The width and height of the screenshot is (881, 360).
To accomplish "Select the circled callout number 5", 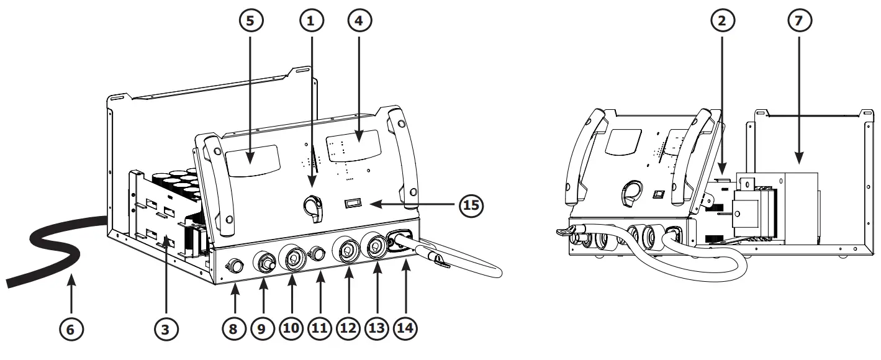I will pyautogui.click(x=251, y=20).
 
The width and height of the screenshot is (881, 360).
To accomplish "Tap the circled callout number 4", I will pyautogui.click(x=358, y=20).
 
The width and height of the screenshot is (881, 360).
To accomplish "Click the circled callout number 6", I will pyautogui.click(x=71, y=329).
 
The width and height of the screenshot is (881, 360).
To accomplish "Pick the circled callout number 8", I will pyautogui.click(x=233, y=329).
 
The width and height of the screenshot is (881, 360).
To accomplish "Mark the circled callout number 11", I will pyautogui.click(x=320, y=329).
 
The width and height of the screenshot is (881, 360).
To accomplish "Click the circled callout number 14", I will pyautogui.click(x=405, y=329).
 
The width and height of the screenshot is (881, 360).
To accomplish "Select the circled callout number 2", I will pyautogui.click(x=721, y=20).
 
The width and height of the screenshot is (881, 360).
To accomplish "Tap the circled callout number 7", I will pyautogui.click(x=798, y=20).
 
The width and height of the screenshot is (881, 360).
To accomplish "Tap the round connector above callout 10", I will pyautogui.click(x=292, y=258).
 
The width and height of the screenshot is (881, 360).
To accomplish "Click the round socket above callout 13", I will pyautogui.click(x=376, y=246).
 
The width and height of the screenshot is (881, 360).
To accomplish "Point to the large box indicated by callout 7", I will pyautogui.click(x=798, y=208).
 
